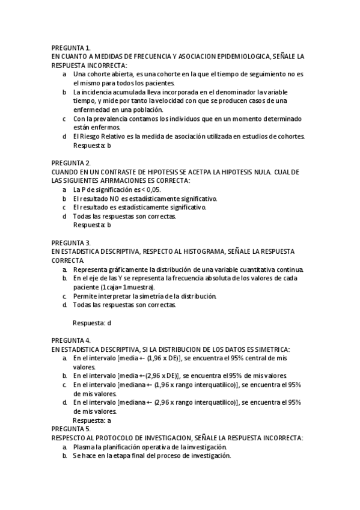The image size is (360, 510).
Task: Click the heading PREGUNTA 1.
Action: tap(71, 47)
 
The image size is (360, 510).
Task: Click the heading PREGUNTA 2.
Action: tap(71, 162)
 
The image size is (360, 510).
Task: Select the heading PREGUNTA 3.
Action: tap(71, 242)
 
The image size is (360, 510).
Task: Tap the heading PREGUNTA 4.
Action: tap(71, 340)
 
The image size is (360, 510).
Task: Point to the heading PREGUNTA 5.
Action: tap(71, 429)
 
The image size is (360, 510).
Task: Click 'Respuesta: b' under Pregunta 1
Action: tap(92, 145)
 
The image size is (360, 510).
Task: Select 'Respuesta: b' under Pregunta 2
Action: tap(92, 225)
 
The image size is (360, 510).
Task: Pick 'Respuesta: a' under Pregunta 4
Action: tap(92, 421)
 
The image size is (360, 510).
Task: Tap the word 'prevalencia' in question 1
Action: tap(110, 118)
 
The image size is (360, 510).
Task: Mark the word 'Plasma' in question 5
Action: tap(84, 447)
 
